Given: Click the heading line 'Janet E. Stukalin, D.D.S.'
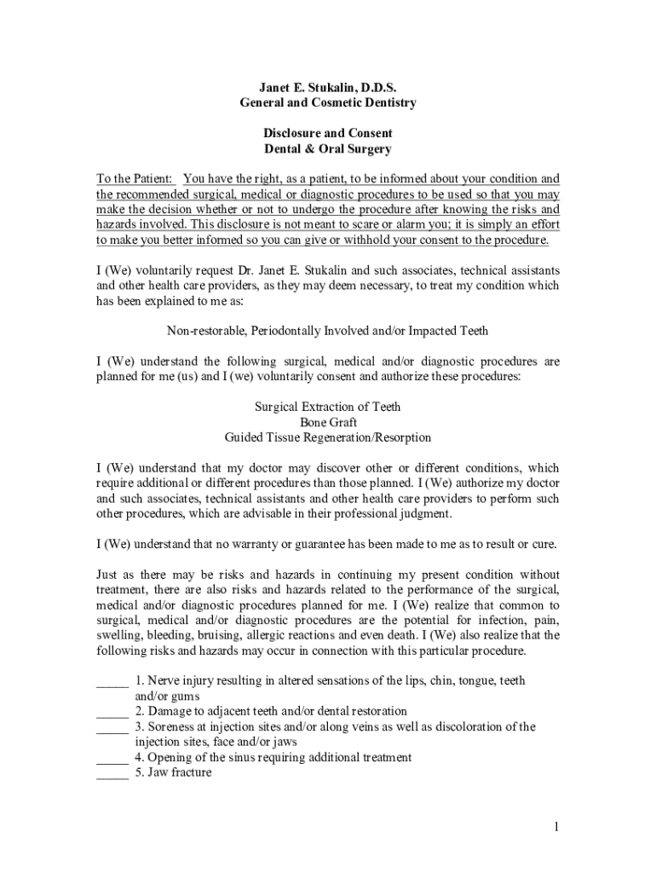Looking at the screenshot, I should click(328, 88).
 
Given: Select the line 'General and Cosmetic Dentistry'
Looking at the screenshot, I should click(328, 103).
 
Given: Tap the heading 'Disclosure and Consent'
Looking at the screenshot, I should click(328, 134).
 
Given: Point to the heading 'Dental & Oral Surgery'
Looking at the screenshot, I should click(328, 149).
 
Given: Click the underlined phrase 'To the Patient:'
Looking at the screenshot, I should click(135, 179).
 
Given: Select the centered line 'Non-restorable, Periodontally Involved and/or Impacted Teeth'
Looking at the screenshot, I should click(328, 330).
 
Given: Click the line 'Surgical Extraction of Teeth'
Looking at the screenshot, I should click(328, 407).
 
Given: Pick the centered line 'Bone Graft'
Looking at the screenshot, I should click(328, 422).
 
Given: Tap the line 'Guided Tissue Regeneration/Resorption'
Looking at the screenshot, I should click(328, 437).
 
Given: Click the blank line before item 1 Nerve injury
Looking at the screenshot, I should click(112, 682).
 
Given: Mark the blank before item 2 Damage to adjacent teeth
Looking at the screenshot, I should click(112, 712).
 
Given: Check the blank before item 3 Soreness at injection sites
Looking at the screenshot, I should click(112, 727).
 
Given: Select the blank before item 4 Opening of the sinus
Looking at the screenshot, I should click(112, 758).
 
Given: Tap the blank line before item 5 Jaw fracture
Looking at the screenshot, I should click(112, 773).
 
